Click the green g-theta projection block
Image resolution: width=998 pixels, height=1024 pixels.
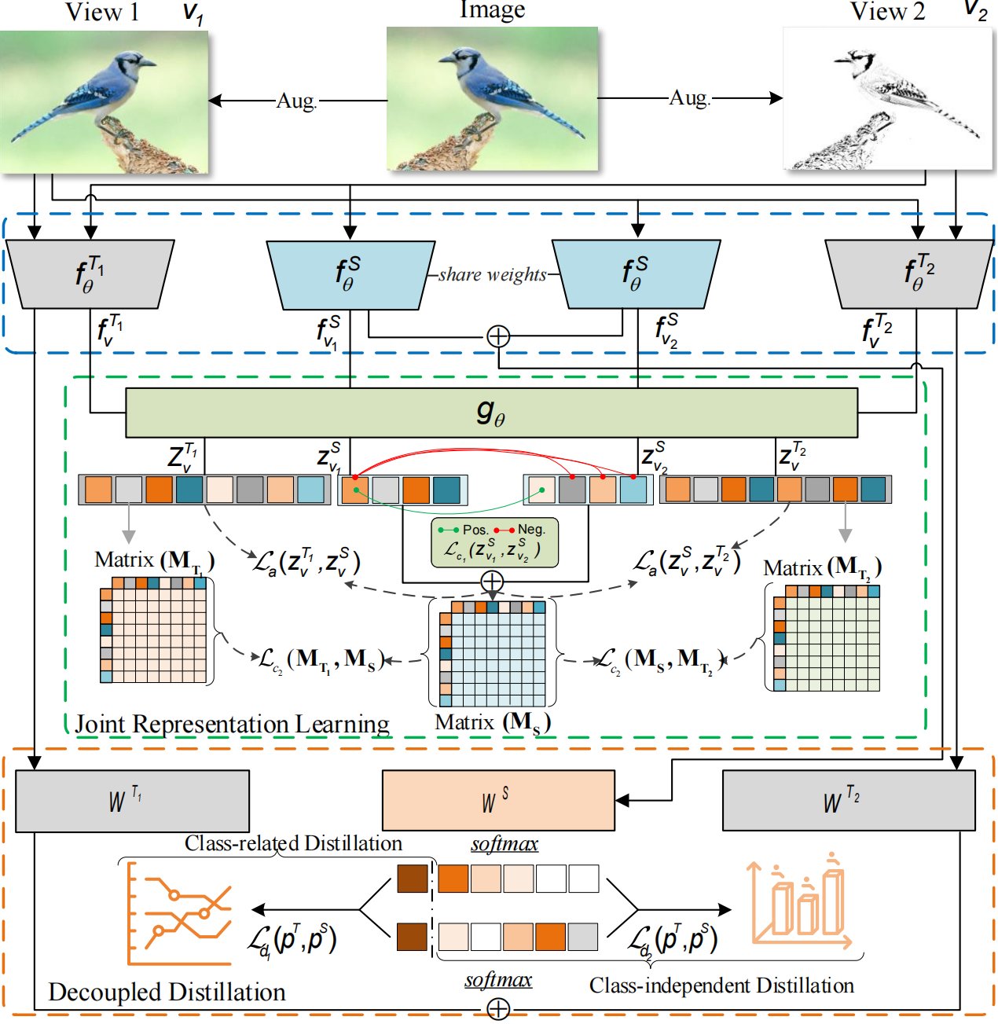[491, 413]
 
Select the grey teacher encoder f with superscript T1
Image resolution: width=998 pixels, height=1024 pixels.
[90, 273]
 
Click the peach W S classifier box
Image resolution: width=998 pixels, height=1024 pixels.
[498, 800]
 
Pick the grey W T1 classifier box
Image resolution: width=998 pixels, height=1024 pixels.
[132, 800]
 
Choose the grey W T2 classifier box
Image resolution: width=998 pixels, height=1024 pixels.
[849, 800]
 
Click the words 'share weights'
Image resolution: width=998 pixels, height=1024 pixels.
[493, 274]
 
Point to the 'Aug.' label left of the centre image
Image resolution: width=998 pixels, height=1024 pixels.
[296, 101]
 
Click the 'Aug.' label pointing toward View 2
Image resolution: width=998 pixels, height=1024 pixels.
[689, 98]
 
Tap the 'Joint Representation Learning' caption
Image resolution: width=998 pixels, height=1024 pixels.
[232, 724]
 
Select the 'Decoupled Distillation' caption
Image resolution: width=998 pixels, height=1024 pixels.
[167, 992]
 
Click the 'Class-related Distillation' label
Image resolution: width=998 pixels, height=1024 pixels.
[293, 843]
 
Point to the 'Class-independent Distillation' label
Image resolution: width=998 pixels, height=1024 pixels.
[721, 985]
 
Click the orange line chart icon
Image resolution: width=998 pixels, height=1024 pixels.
[180, 913]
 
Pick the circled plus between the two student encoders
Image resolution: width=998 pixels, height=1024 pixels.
[498, 336]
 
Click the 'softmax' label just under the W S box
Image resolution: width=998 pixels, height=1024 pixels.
[505, 844]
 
